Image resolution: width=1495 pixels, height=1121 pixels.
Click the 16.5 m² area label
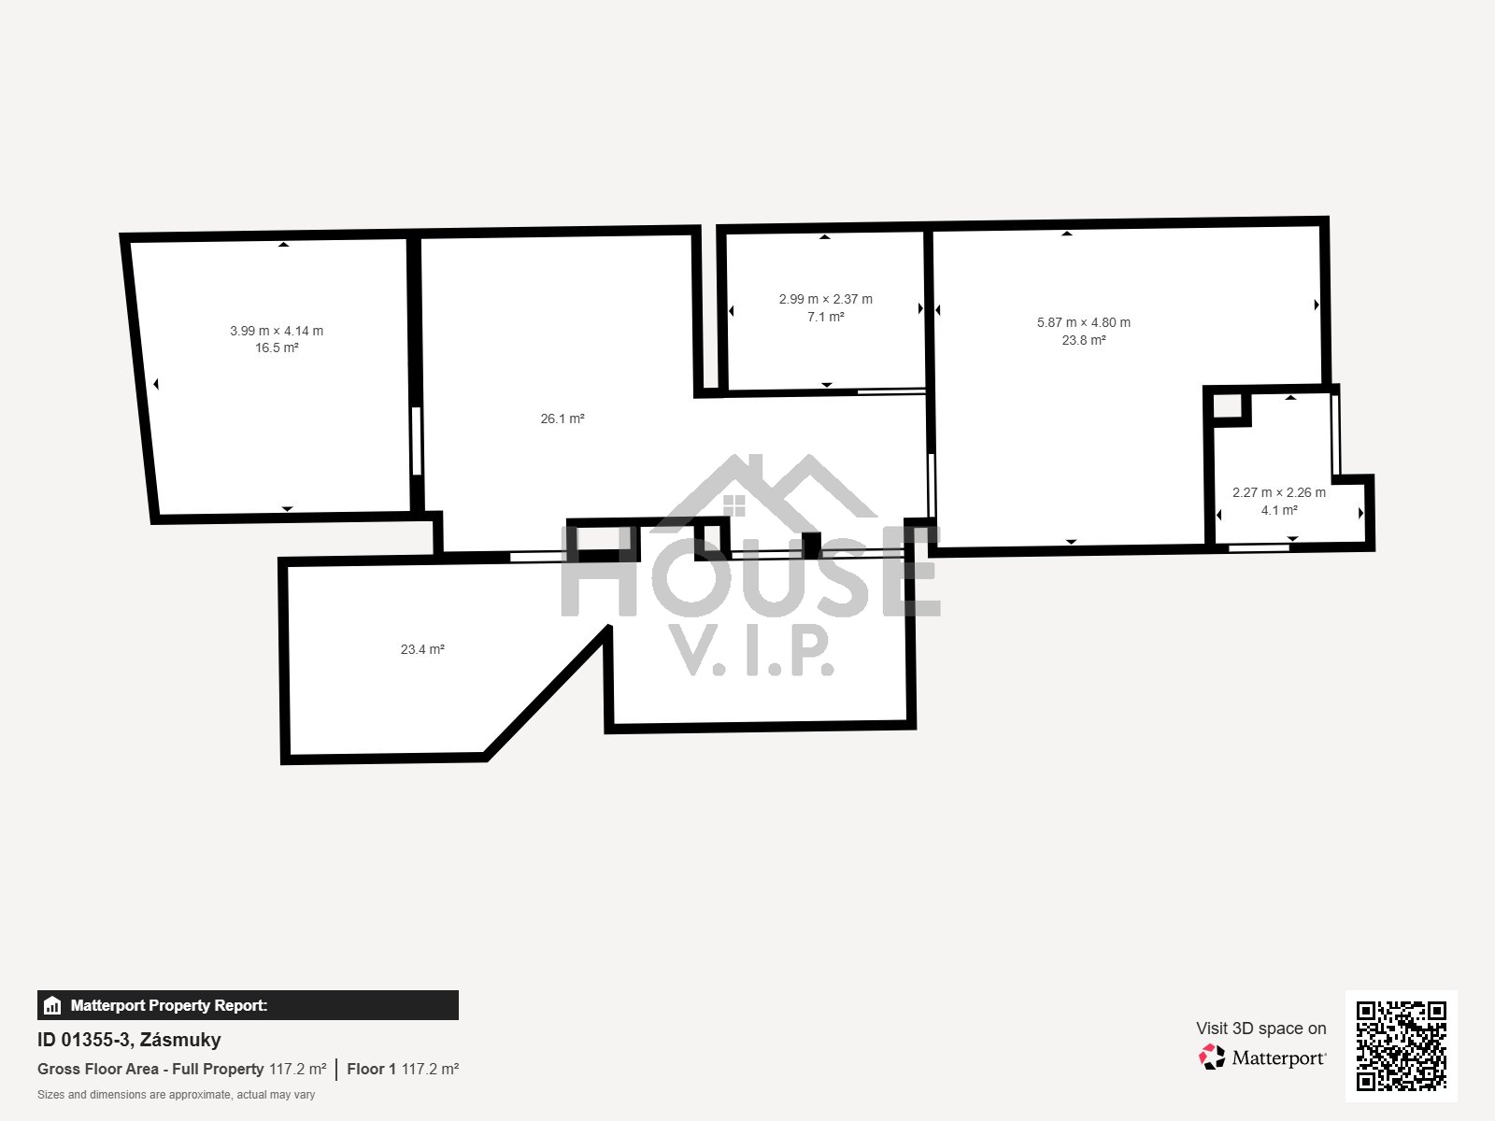pos(277,348)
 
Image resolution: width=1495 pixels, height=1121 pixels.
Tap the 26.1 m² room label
pos(562,419)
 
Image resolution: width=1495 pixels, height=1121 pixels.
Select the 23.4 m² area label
pos(422,649)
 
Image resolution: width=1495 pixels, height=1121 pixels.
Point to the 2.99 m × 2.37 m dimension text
pos(825,299)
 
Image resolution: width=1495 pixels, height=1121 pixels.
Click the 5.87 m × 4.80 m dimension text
pos(1084,322)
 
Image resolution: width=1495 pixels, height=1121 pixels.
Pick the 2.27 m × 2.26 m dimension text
pos(1279,492)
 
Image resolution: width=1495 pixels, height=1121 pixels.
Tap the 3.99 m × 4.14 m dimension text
pos(277,331)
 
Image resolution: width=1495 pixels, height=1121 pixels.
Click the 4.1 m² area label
pos(1279,510)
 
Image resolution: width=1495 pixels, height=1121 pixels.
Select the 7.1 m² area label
pos(825,317)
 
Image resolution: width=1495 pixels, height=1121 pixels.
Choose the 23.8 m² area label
pos(1084,340)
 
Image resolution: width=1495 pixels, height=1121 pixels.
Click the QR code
pos(1401,1045)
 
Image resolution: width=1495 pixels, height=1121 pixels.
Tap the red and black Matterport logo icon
pos(1212,1057)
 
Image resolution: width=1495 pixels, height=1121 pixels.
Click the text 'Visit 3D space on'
pos(1260,1029)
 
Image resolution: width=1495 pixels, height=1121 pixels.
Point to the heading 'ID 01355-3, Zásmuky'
pos(129,1040)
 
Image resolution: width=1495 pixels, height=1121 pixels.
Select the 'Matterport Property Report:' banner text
pos(169,1005)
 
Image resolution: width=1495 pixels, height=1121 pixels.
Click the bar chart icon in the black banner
pos(52,1005)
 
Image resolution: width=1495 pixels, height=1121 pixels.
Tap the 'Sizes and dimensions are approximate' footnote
pos(176,1095)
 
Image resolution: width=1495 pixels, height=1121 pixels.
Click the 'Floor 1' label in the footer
pos(371,1069)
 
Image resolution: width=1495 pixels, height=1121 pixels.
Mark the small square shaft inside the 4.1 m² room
pos(1227,407)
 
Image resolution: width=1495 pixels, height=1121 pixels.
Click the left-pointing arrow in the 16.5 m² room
pos(156,385)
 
